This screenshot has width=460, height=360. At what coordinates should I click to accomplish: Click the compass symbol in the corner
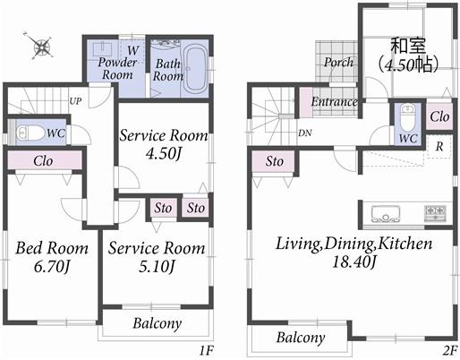38,44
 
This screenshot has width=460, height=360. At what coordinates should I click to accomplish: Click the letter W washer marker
132,50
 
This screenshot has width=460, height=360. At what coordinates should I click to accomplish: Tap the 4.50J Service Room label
164,144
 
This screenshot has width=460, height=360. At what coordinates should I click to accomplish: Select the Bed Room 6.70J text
50,256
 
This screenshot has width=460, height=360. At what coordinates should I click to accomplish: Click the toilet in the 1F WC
32,133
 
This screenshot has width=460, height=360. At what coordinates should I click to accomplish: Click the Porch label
337,63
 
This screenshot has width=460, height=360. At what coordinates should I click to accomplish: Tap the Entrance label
334,102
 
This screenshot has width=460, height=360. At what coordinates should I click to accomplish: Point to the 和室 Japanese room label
405,51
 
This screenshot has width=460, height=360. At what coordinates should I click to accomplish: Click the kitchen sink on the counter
382,212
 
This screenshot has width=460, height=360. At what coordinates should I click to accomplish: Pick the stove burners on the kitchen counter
434,212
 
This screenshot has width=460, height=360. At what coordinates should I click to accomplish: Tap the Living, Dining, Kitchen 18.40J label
354,252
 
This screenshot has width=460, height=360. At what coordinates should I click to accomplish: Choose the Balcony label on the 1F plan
158,323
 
